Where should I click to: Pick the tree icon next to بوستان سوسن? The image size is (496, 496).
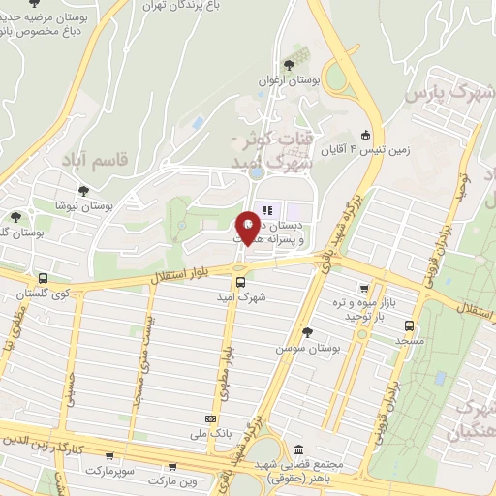307,333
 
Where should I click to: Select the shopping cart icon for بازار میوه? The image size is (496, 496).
363,288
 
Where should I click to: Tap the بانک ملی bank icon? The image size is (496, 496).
210,418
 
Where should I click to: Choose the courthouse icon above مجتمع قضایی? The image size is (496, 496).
296,450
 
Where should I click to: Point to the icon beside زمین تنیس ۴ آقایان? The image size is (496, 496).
364,135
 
